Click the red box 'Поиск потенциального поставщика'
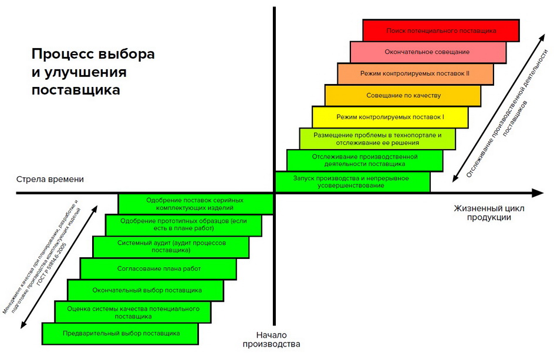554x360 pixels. coord(441,31)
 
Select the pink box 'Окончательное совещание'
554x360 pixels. coord(428,52)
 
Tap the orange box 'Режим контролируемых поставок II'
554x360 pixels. coord(415,74)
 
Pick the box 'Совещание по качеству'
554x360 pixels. coord(403,95)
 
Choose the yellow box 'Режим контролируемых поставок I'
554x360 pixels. coord(390,117)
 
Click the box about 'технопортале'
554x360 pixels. coord(377,139)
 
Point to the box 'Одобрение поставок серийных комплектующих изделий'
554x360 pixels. coord(195,204)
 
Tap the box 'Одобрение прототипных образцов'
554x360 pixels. coord(183,225)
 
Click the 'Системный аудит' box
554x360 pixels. coord(170,247)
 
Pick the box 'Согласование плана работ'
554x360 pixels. coord(158,268)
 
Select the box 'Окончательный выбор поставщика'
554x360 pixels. coord(145,290)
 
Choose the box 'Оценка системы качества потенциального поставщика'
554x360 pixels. coord(133,312)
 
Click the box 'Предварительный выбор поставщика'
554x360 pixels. coord(120,333)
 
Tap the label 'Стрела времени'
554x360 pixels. coord(50,179)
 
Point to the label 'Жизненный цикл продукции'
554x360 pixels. coord(489,213)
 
